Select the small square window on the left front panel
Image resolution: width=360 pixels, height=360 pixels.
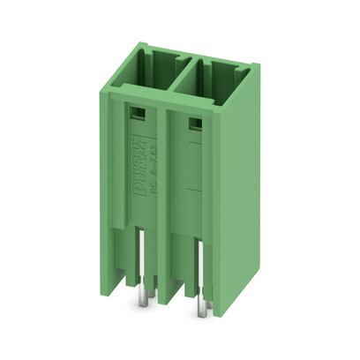138,114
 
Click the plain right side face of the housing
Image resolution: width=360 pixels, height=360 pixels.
238,176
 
